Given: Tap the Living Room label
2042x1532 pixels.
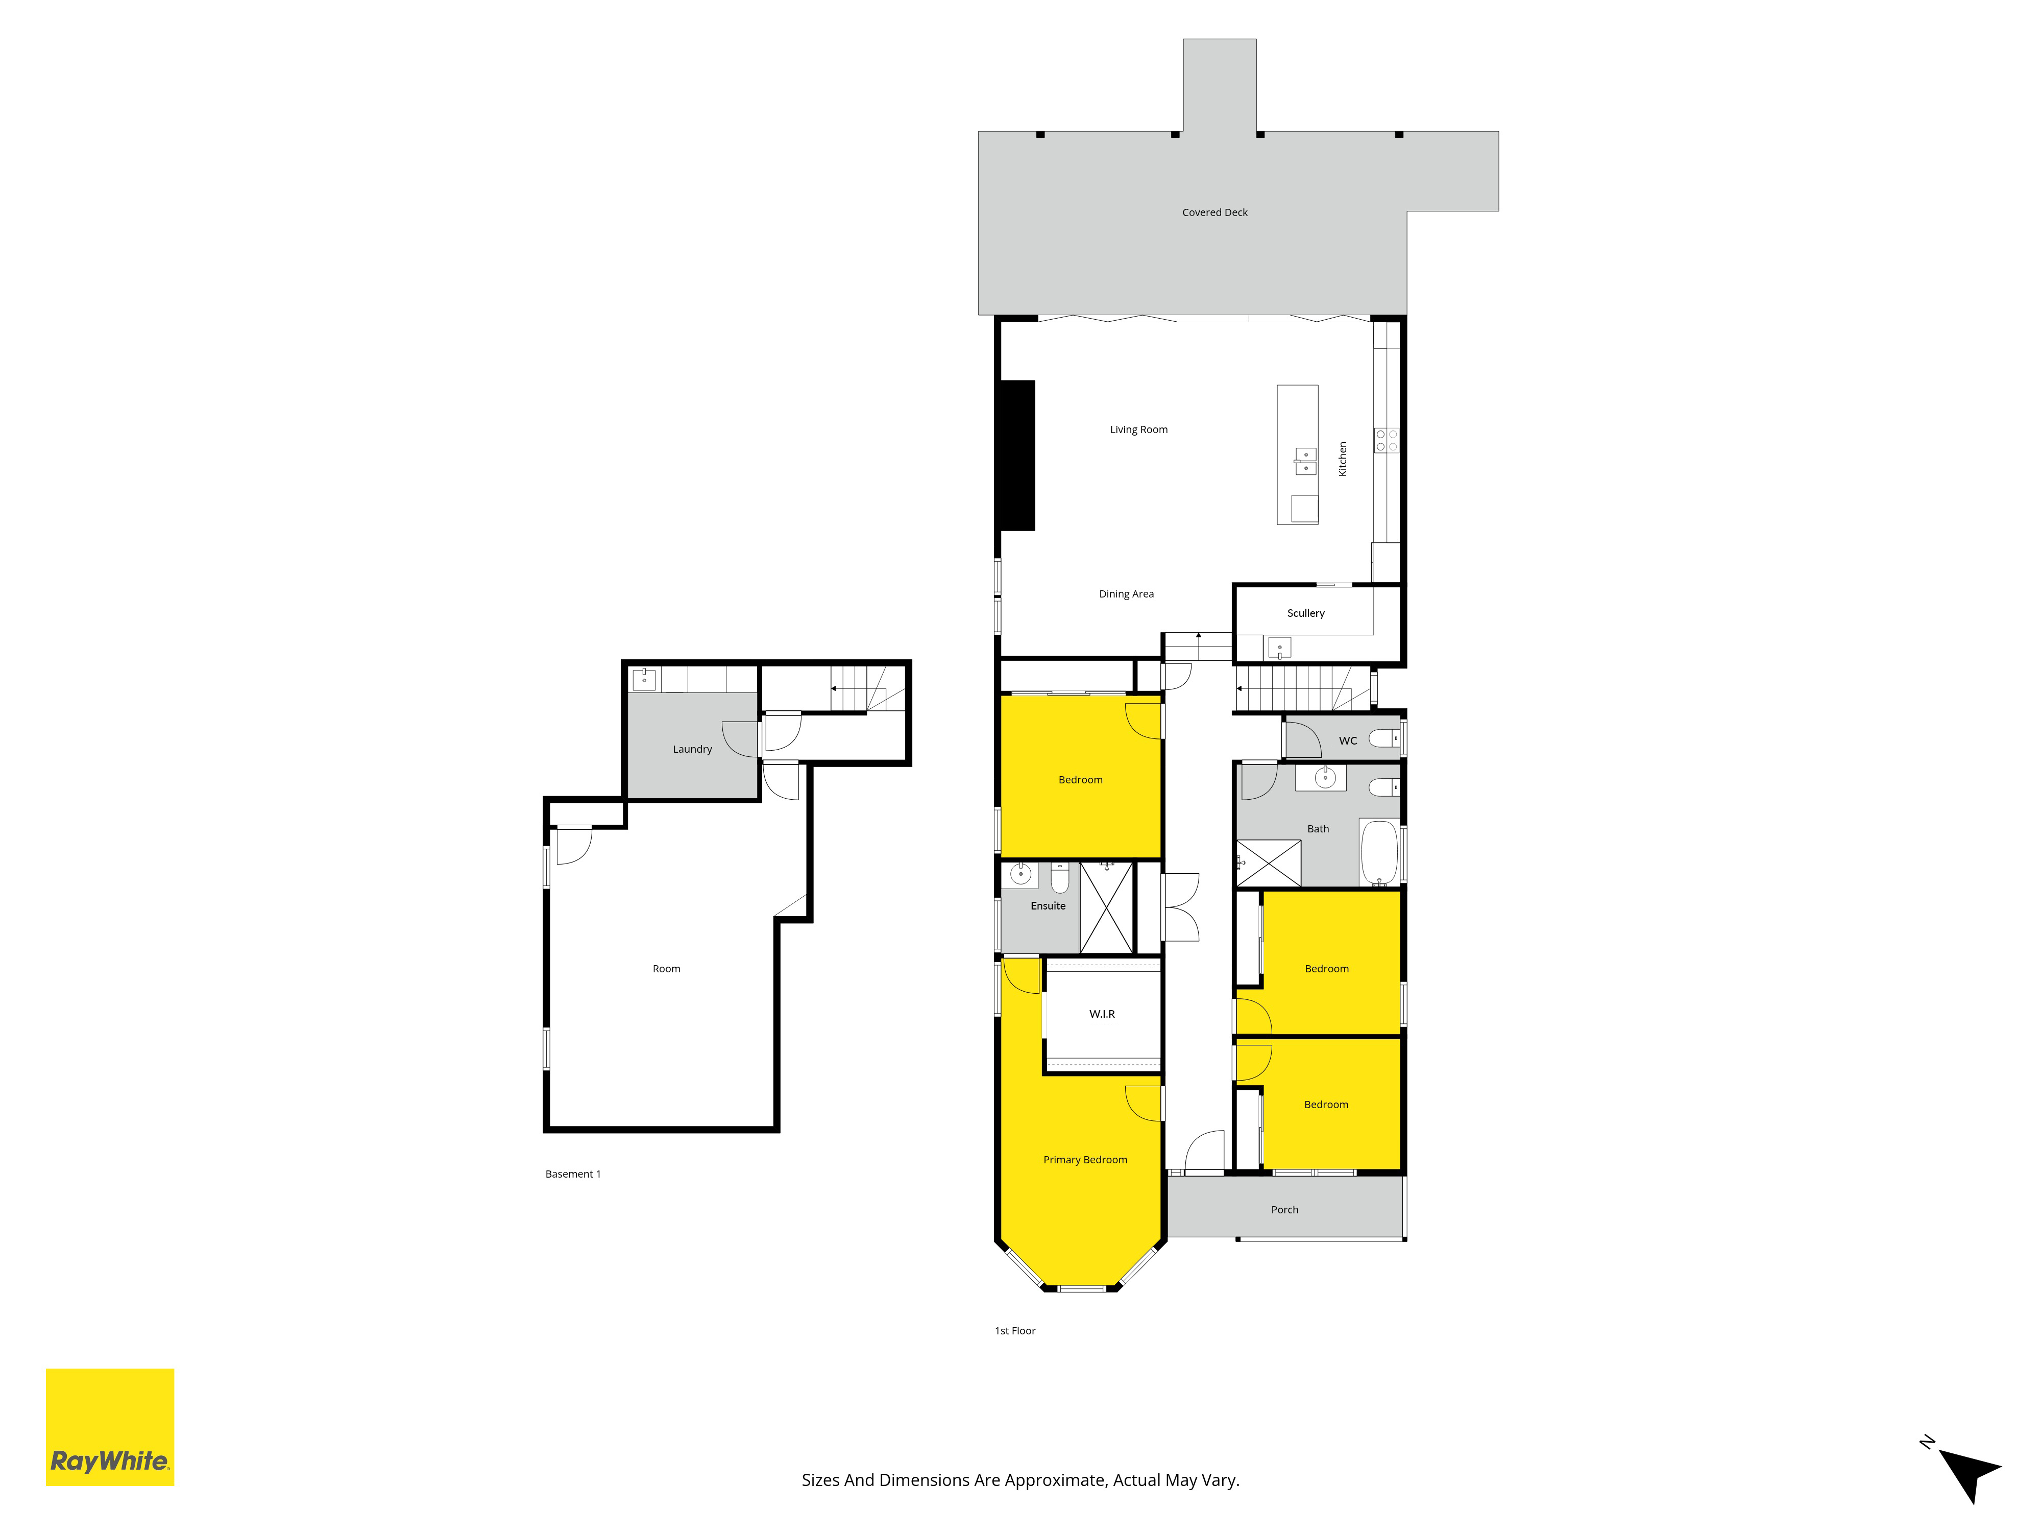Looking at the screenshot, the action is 1138,429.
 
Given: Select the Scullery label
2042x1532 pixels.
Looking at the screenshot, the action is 1305,613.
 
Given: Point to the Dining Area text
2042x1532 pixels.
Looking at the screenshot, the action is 1126,594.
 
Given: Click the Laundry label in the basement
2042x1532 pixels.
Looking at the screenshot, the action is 692,749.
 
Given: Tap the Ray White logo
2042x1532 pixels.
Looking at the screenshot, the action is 110,1427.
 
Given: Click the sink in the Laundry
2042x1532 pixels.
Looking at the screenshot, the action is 643,680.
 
